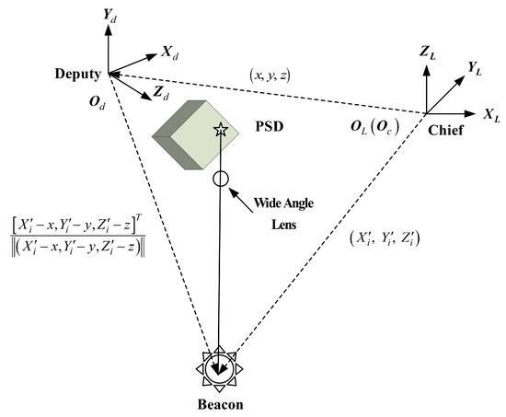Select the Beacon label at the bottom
[221, 403]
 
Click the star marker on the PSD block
[220, 130]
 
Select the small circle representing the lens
[220, 179]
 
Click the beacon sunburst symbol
[220, 368]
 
